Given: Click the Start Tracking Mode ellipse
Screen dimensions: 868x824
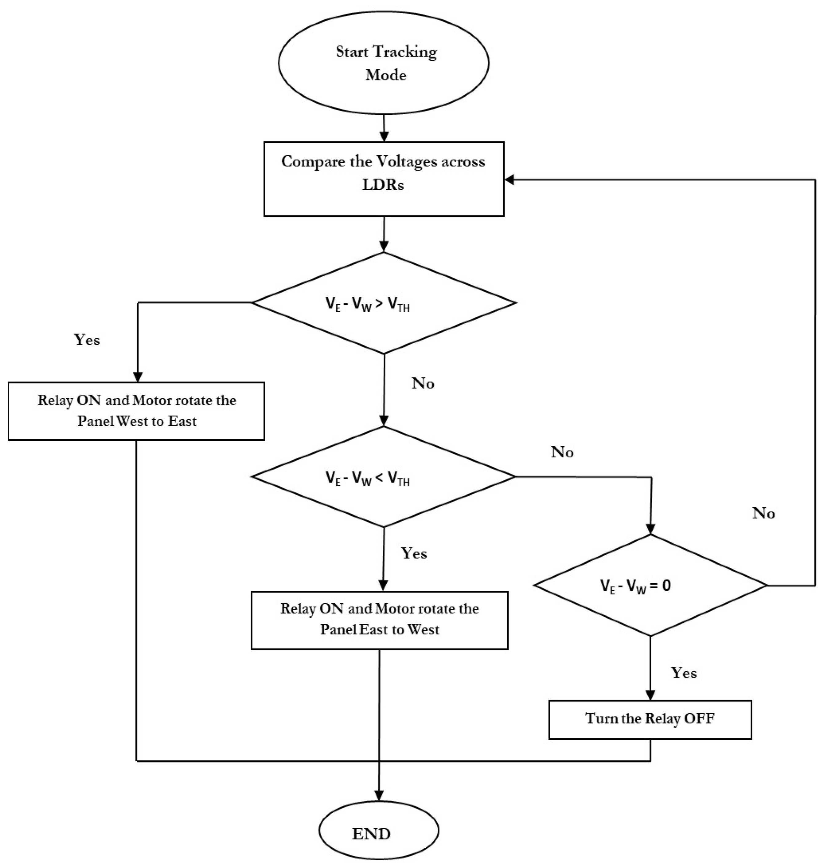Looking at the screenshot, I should tap(384, 62).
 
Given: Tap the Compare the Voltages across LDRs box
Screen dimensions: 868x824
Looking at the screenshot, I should tap(384, 179).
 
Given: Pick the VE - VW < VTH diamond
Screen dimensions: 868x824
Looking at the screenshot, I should tap(384, 477).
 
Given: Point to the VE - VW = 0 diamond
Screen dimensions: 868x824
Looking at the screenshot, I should tap(650, 586).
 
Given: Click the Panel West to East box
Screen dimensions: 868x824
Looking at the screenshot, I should tap(136, 411).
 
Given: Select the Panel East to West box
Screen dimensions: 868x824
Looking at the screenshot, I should tap(380, 620).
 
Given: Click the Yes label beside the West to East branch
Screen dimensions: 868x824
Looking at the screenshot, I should tap(87, 340).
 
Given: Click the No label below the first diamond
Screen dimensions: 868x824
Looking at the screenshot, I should tap(423, 384).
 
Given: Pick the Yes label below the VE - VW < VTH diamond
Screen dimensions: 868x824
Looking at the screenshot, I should tap(414, 553).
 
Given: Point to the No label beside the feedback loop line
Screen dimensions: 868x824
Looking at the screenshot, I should tap(763, 513).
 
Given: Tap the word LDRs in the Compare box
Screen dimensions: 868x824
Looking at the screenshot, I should tap(383, 185).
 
